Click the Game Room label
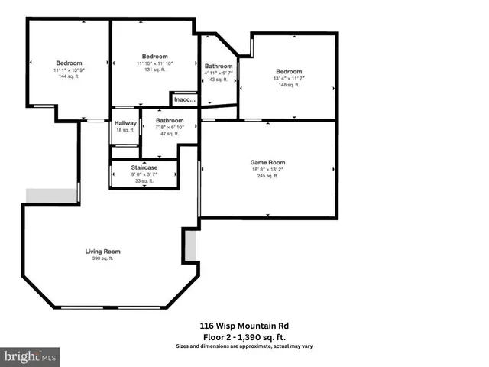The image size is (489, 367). [x=267, y=163]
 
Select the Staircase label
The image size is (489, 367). [x=144, y=167]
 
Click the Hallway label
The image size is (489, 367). [x=125, y=123]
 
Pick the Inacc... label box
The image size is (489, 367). [x=184, y=99]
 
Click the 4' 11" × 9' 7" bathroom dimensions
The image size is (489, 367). [x=219, y=73]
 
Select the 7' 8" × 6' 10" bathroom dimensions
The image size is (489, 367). [x=170, y=127]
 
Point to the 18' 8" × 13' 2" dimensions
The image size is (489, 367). [x=267, y=170]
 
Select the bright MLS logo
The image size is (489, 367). [x=31, y=356]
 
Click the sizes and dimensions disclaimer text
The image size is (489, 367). [x=243, y=346]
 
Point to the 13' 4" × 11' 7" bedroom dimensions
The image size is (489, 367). [x=289, y=79]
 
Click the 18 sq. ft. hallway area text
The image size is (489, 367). [x=125, y=130]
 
